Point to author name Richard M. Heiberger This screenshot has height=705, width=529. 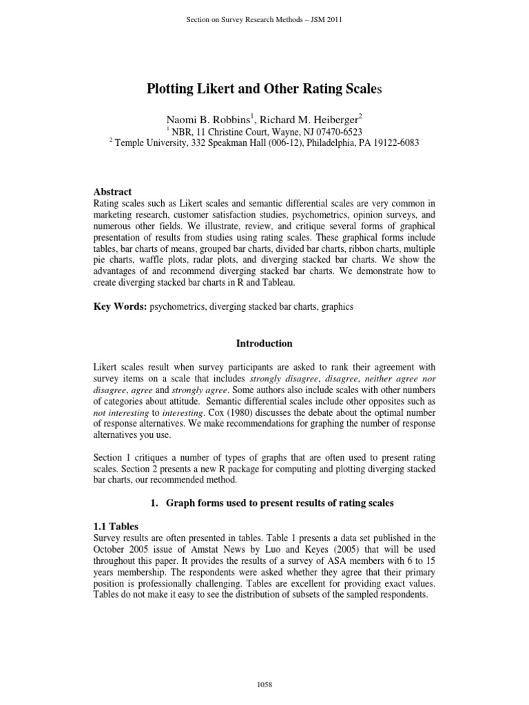point(318,118)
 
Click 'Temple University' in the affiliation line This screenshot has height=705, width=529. point(153,143)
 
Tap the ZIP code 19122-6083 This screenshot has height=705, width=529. point(391,143)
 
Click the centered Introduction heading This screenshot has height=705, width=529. point(264,343)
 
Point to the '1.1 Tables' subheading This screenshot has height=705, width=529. point(115,525)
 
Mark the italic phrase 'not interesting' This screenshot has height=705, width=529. point(117,412)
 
